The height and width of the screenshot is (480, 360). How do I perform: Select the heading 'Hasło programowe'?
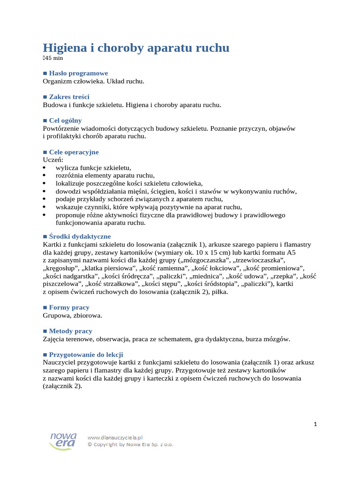point(78,73)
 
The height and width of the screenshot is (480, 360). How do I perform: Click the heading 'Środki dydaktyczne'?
point(80,236)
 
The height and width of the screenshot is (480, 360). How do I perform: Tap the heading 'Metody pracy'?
point(70,330)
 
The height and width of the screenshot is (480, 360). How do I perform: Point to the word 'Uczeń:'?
point(53,159)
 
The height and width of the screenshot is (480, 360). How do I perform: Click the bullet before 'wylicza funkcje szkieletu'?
point(45,168)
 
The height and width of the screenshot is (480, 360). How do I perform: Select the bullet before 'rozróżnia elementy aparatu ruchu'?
point(45,176)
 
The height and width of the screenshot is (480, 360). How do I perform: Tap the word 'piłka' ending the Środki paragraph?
point(219,292)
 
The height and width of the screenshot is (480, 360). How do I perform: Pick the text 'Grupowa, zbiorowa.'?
point(72,315)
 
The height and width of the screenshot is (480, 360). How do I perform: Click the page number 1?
point(315,424)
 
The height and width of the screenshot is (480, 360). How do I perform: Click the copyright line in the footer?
point(130,444)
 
